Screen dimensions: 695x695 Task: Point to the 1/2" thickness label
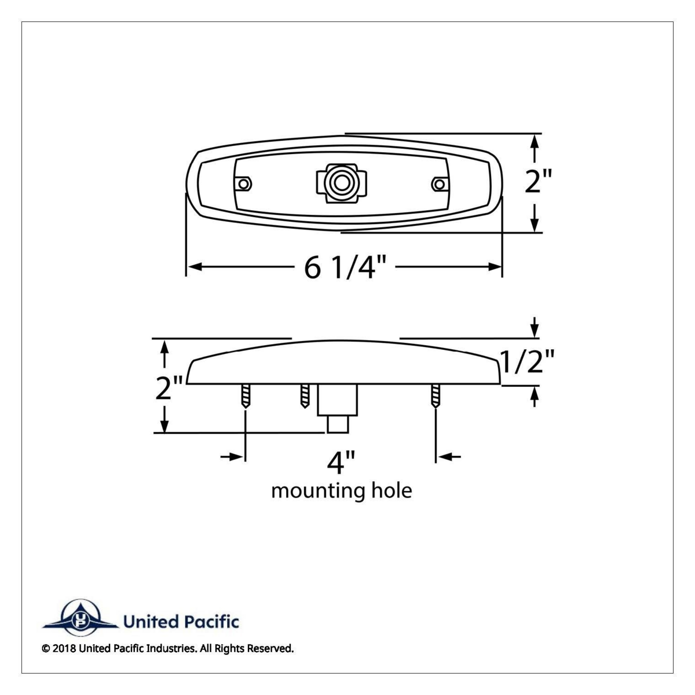tap(527, 362)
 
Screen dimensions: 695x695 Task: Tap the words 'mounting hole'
tap(342, 491)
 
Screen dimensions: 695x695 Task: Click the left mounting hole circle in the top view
tap(245, 184)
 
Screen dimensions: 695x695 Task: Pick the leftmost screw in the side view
tap(246, 397)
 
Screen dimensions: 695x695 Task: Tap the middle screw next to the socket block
tap(305, 396)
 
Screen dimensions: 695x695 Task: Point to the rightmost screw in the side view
tap(435, 397)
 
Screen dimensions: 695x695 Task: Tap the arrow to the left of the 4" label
tap(232, 457)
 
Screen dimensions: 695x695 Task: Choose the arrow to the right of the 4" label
tap(449, 457)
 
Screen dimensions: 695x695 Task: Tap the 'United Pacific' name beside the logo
tap(181, 622)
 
